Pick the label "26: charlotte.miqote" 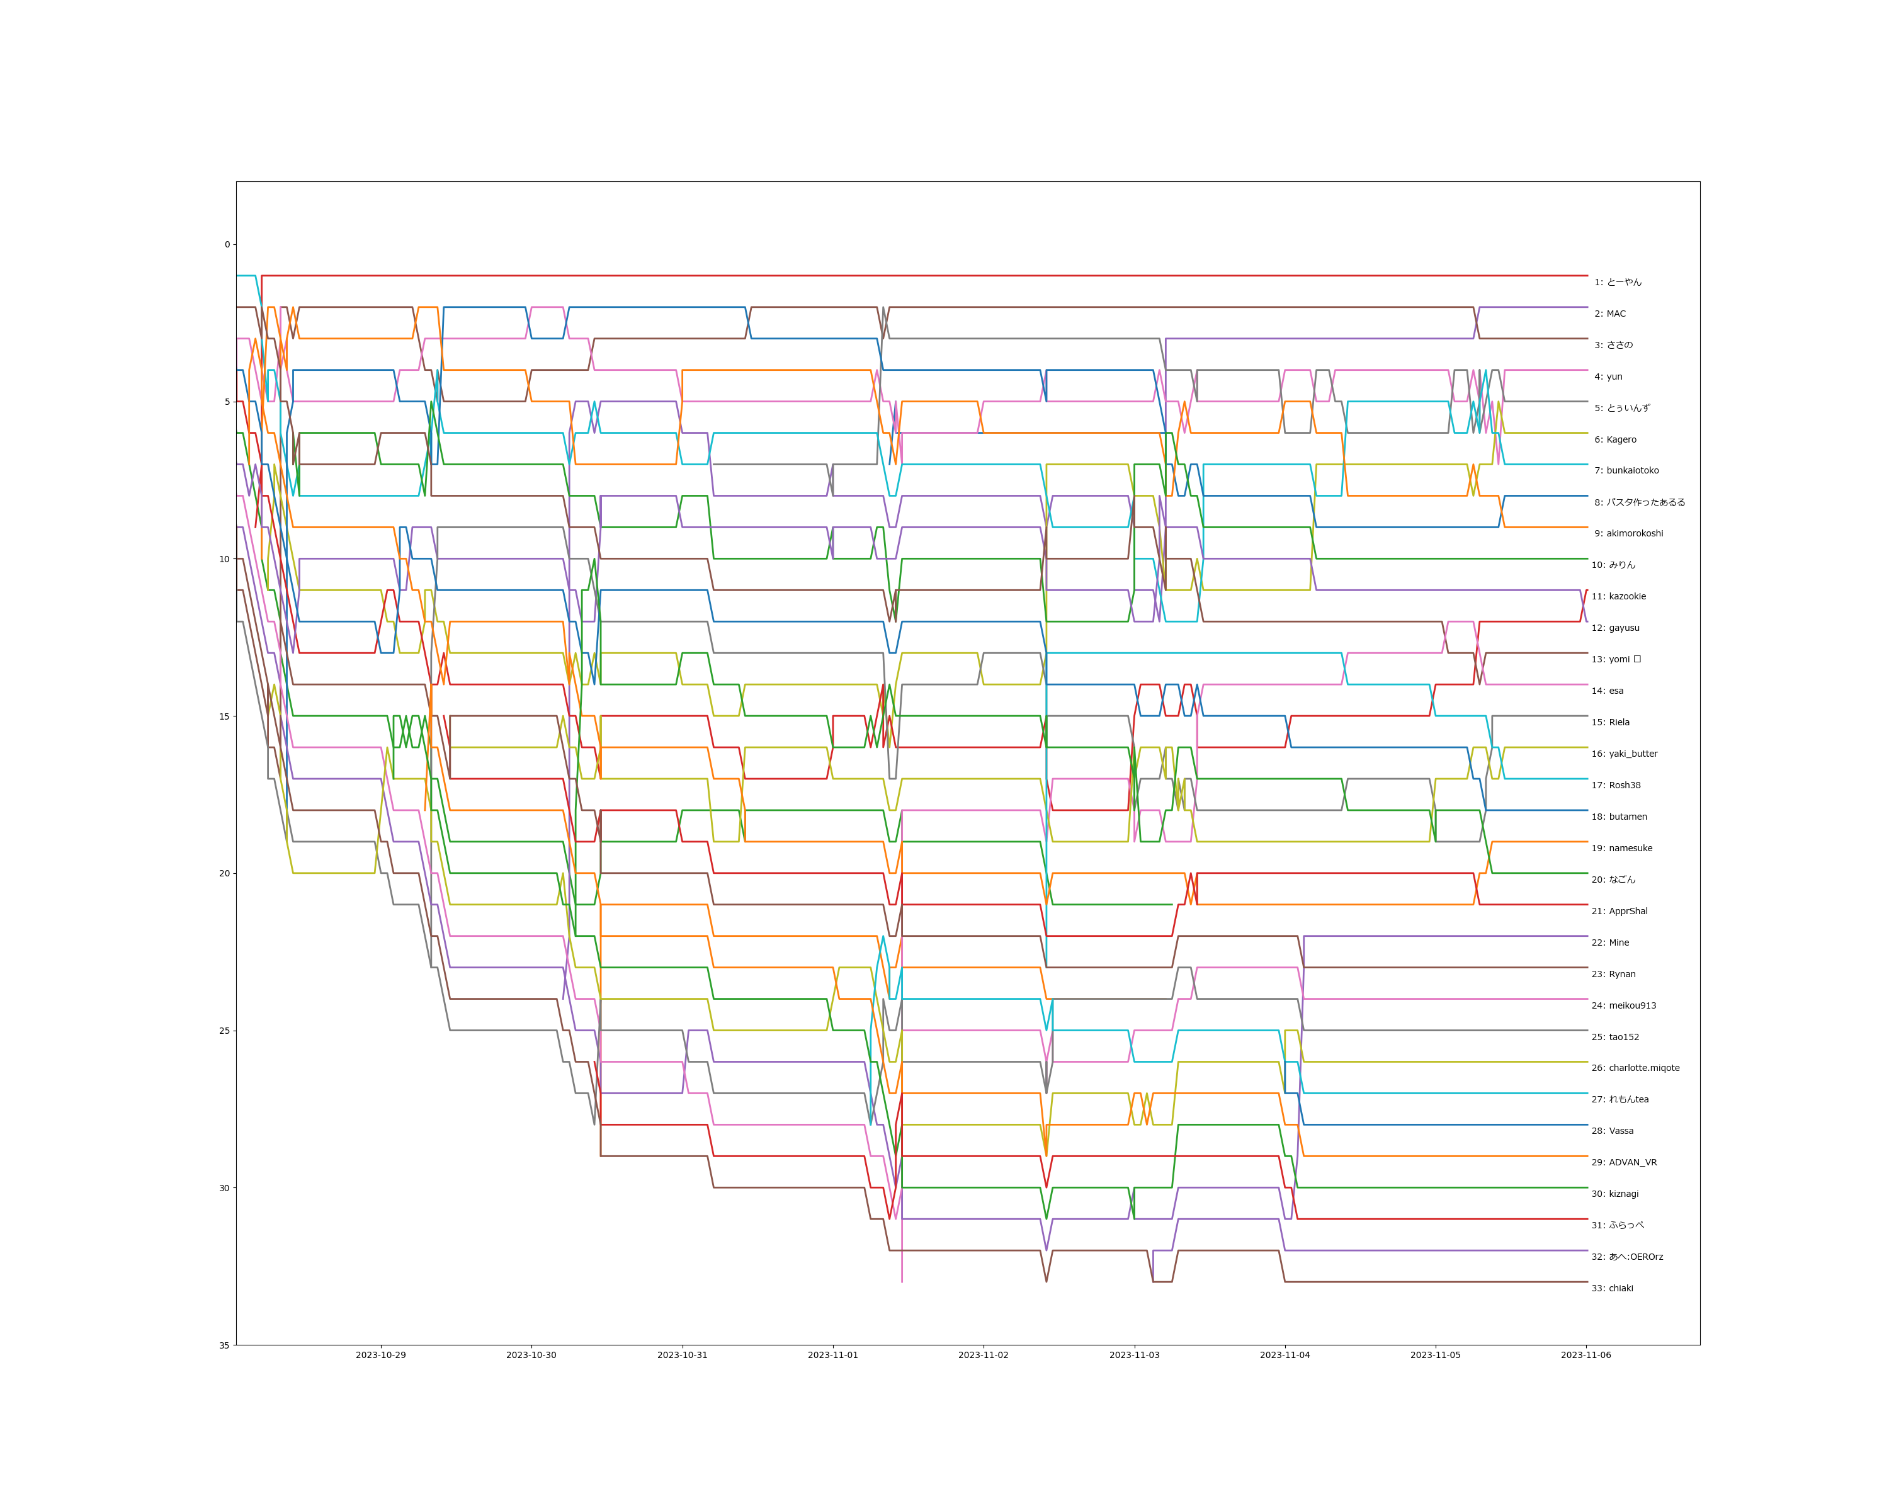coord(1635,1068)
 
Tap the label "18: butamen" coord(1619,817)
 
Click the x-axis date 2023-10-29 coord(380,1355)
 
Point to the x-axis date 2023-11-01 coord(832,1355)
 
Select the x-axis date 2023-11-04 coord(1285,1355)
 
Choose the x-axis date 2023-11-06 coord(1586,1355)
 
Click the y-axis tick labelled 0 coord(227,244)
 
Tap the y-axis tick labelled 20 coord(224,873)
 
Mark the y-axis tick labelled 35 coord(224,1345)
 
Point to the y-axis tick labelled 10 coord(224,559)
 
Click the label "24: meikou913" coord(1623,1005)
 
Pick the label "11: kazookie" coord(1618,596)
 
